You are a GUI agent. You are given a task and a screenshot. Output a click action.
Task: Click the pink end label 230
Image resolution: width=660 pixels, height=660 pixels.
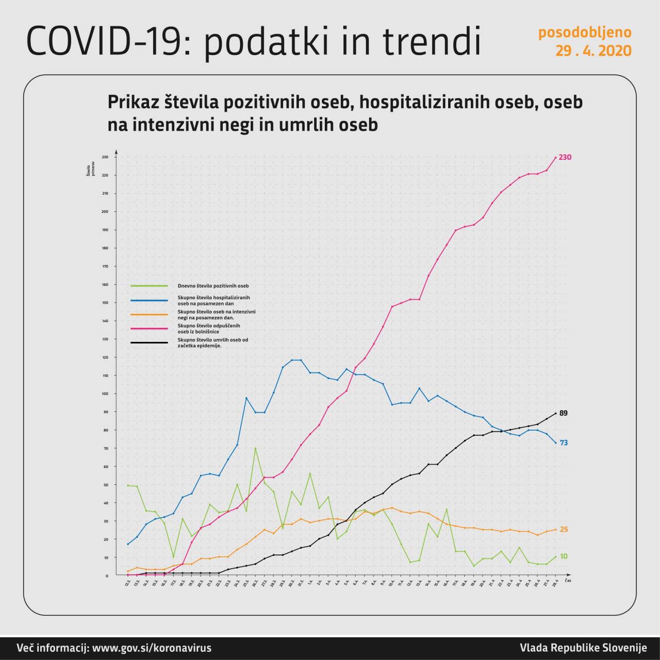click(565, 157)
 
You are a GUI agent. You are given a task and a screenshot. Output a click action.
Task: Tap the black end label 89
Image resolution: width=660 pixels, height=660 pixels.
click(563, 413)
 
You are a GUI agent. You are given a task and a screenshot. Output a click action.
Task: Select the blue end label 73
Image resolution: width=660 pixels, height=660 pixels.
click(563, 443)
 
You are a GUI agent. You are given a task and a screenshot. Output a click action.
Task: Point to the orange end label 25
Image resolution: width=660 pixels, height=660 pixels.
click(563, 530)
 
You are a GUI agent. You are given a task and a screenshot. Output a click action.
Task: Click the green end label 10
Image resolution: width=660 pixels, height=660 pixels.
click(563, 556)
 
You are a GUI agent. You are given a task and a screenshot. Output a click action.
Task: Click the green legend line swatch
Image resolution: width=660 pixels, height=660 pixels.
click(149, 286)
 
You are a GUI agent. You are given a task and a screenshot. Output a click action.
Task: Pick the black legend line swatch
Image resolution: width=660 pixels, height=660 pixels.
click(149, 342)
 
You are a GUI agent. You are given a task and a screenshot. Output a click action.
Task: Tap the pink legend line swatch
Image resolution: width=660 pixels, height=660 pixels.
click(149, 328)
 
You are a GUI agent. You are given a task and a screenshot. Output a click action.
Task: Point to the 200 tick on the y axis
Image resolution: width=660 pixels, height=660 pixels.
click(105, 212)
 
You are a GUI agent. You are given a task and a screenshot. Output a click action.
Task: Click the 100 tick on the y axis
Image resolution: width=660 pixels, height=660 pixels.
click(105, 394)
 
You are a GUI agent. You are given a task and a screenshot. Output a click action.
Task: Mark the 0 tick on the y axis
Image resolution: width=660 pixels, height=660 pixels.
click(107, 575)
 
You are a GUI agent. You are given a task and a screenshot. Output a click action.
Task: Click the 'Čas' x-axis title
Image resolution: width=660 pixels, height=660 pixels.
click(568, 580)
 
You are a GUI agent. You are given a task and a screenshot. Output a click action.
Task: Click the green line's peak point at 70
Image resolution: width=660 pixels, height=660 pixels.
click(255, 448)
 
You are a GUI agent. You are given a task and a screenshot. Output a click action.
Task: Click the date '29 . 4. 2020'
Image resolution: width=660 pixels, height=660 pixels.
click(593, 51)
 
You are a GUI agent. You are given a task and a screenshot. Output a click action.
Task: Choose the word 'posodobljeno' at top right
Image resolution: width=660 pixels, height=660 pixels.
click(585, 32)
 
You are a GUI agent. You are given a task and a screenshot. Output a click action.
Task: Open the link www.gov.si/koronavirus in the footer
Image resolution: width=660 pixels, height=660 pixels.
click(152, 648)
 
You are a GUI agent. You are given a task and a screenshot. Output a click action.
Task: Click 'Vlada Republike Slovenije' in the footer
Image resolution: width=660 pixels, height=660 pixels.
click(583, 648)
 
